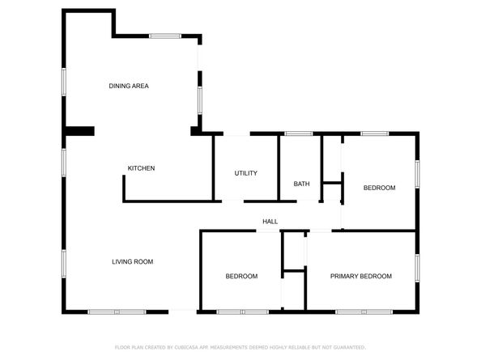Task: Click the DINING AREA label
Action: (x=129, y=86)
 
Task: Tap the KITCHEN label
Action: (x=141, y=168)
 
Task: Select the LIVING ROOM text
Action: (x=132, y=261)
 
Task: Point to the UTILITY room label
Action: (x=245, y=173)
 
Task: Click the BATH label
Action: (x=301, y=184)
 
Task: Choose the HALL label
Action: (x=270, y=222)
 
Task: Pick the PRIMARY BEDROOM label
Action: (x=360, y=276)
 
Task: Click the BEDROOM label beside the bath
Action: (x=379, y=188)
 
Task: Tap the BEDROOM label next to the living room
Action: (x=241, y=276)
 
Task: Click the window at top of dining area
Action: (x=164, y=36)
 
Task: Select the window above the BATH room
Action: (x=298, y=133)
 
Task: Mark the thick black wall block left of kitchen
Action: (x=79, y=131)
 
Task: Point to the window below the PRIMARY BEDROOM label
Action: (x=363, y=311)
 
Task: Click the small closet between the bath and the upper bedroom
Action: (x=330, y=192)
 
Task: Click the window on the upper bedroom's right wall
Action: (x=418, y=173)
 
